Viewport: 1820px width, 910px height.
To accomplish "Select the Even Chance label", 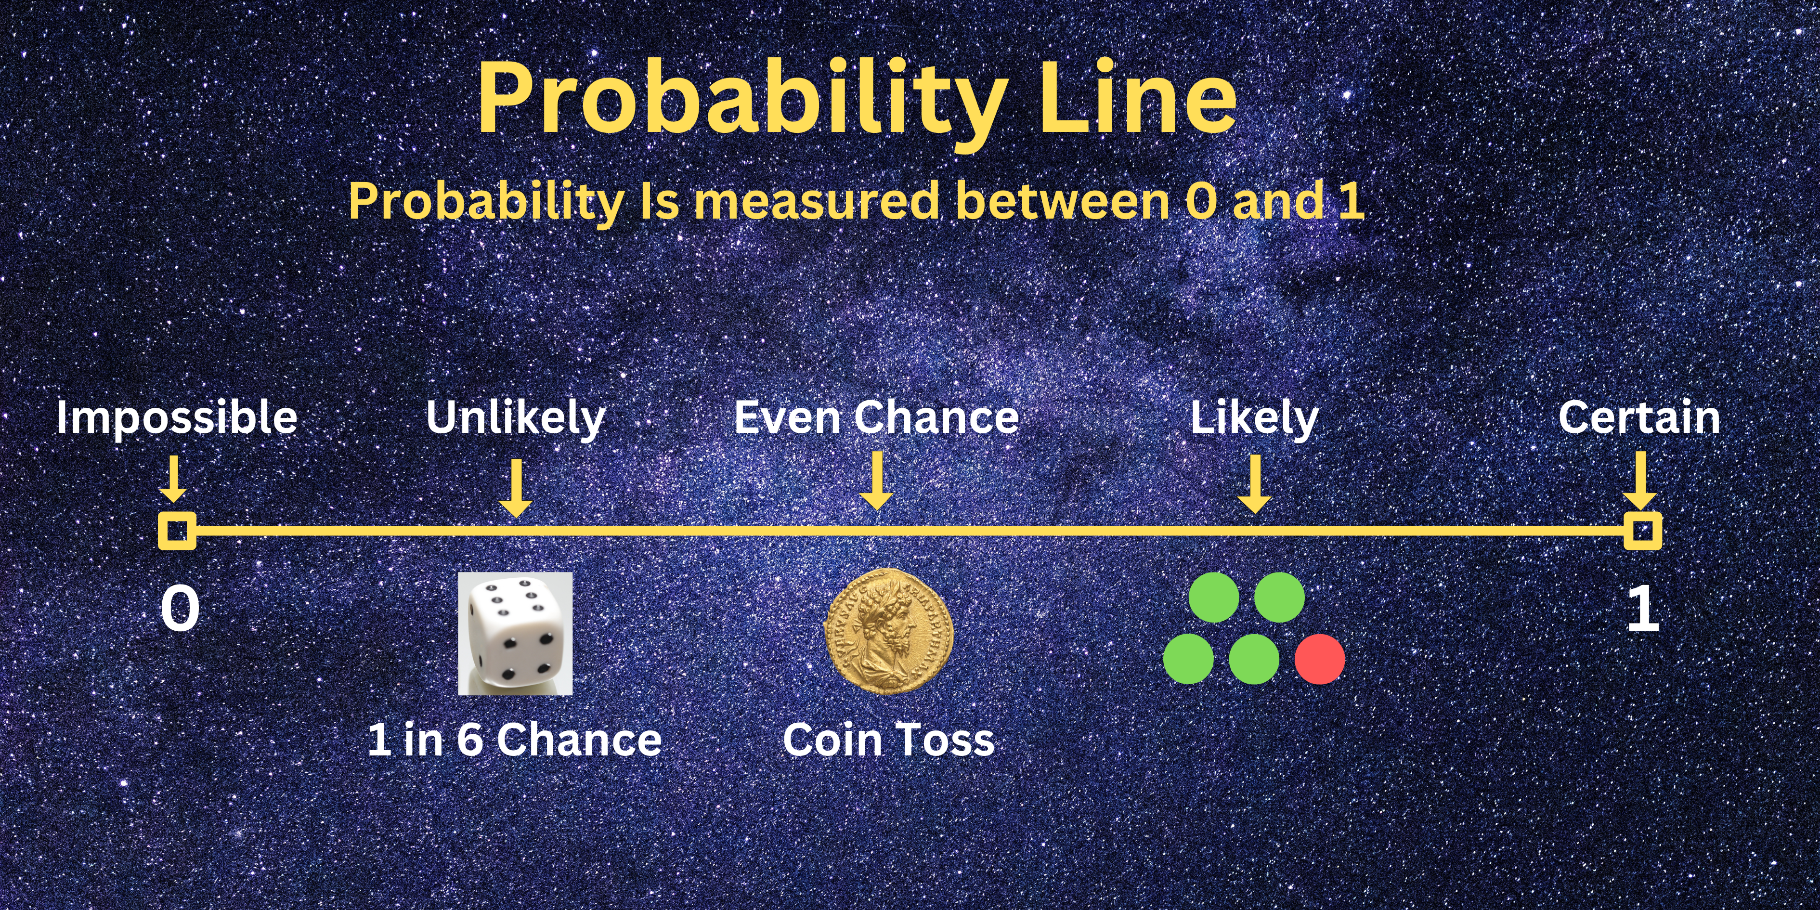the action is click(877, 417).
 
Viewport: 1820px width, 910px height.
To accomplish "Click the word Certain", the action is click(1639, 417).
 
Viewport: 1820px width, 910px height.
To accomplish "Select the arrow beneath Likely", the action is click(1255, 484).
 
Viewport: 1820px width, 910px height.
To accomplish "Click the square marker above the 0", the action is click(177, 531).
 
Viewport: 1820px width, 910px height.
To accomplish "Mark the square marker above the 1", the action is click(1643, 531).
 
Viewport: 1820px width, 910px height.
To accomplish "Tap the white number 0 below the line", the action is click(180, 609).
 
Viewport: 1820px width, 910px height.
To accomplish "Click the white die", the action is click(515, 634).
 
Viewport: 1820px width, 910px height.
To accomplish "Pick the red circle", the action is click(1320, 659).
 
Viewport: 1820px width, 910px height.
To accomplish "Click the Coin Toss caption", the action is click(889, 740).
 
